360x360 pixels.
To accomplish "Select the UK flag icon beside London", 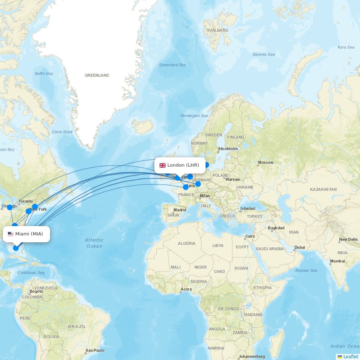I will click(163, 165).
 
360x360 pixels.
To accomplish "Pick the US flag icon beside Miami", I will click(10, 234).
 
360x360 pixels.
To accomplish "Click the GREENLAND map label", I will click(97, 75).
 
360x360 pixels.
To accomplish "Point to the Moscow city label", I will click(266, 163).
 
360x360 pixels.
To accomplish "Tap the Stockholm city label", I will click(228, 149).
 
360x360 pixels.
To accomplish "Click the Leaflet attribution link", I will click(350, 356).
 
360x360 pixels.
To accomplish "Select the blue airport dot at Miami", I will click(16, 248).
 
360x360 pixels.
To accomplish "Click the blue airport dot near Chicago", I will click(10, 207).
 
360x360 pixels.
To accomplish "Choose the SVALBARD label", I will click(217, 30).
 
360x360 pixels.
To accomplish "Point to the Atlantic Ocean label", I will click(94, 243).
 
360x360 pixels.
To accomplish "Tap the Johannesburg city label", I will click(252, 356).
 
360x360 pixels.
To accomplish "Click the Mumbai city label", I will click(337, 261).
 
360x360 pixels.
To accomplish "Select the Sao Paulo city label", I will click(95, 350).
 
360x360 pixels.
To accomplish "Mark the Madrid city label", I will click(180, 210).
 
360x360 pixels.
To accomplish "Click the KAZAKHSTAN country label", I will click(323, 189).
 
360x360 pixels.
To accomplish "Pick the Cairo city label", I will click(250, 237).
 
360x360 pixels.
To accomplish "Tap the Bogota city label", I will click(36, 291).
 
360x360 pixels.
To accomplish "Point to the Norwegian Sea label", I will click(194, 116).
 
